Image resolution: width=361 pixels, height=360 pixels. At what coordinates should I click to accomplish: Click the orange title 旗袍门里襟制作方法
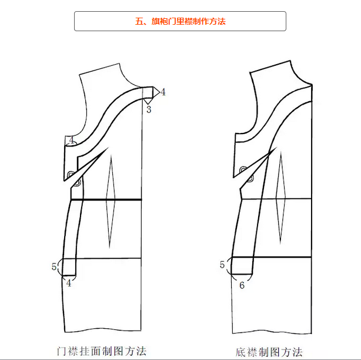coord(180,21)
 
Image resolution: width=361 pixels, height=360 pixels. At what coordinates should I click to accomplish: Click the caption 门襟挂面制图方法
coord(101,351)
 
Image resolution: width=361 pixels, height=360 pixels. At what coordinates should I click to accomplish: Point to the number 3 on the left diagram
coord(148,109)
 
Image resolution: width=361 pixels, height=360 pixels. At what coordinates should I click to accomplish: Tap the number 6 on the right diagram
coord(242,285)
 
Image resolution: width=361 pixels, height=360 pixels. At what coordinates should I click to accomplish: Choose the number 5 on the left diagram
coord(54,266)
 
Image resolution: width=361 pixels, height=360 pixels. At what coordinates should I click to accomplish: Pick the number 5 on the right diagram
coord(222,265)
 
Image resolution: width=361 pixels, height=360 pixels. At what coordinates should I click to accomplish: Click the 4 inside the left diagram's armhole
coord(71,140)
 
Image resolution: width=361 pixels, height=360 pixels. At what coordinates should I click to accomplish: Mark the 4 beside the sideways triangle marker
coord(163,92)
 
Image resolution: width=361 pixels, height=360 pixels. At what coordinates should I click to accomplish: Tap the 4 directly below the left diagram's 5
coord(68,283)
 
